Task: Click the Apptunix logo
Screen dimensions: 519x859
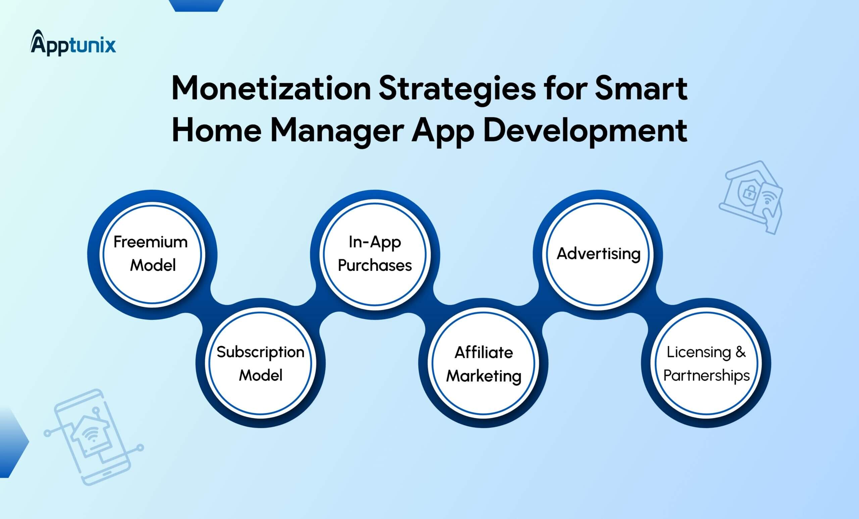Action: (x=73, y=43)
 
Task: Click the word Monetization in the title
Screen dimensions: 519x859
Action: (x=270, y=89)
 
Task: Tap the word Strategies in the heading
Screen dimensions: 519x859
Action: (x=457, y=89)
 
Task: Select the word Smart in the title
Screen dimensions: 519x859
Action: (x=641, y=89)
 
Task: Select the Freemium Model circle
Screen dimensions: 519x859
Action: (x=152, y=254)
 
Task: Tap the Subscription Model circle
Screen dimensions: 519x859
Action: (x=260, y=363)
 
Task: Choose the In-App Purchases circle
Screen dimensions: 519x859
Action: (x=375, y=254)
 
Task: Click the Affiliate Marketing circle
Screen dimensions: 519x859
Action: (x=484, y=363)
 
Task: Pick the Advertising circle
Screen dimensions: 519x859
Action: (x=598, y=254)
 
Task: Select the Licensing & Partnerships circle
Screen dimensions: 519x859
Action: (x=706, y=363)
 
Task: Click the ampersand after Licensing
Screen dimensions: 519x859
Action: (x=741, y=352)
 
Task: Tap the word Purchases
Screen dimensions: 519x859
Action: (x=375, y=266)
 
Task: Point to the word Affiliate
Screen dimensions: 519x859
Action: (x=484, y=352)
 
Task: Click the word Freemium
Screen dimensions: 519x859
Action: (x=151, y=242)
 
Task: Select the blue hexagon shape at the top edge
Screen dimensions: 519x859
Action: (x=196, y=5)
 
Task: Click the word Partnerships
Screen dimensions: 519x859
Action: (x=706, y=376)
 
